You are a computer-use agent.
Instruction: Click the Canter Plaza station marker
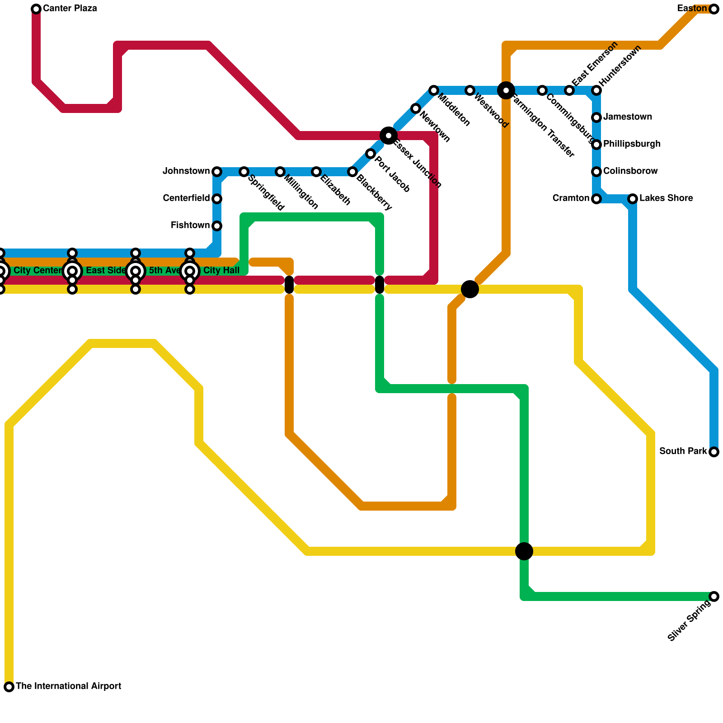tap(36, 9)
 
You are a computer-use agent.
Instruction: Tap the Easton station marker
tap(714, 9)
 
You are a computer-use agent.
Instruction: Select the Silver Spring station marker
tap(714, 596)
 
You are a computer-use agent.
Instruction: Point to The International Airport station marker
tap(9, 687)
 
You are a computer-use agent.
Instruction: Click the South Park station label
tap(683, 451)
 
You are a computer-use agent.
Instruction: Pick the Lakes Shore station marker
tap(633, 199)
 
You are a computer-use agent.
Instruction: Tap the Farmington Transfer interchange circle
tap(506, 90)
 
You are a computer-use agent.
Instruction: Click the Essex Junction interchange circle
tap(389, 136)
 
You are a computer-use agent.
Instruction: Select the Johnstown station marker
tap(217, 172)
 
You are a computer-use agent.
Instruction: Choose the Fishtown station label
tap(190, 225)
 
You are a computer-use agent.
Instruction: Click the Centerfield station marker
tap(217, 199)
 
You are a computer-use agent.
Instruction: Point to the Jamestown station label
tap(628, 117)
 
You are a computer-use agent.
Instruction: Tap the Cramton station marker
tap(596, 199)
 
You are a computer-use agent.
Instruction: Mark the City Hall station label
tap(221, 271)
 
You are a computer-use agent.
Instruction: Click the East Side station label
tap(106, 271)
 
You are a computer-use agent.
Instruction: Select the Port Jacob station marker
tap(371, 154)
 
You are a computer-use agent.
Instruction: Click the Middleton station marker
tap(434, 90)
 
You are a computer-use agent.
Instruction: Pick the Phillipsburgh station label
tap(632, 144)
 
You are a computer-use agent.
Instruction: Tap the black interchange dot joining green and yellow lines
tap(524, 551)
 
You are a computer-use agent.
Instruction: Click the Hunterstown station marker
tap(596, 90)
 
